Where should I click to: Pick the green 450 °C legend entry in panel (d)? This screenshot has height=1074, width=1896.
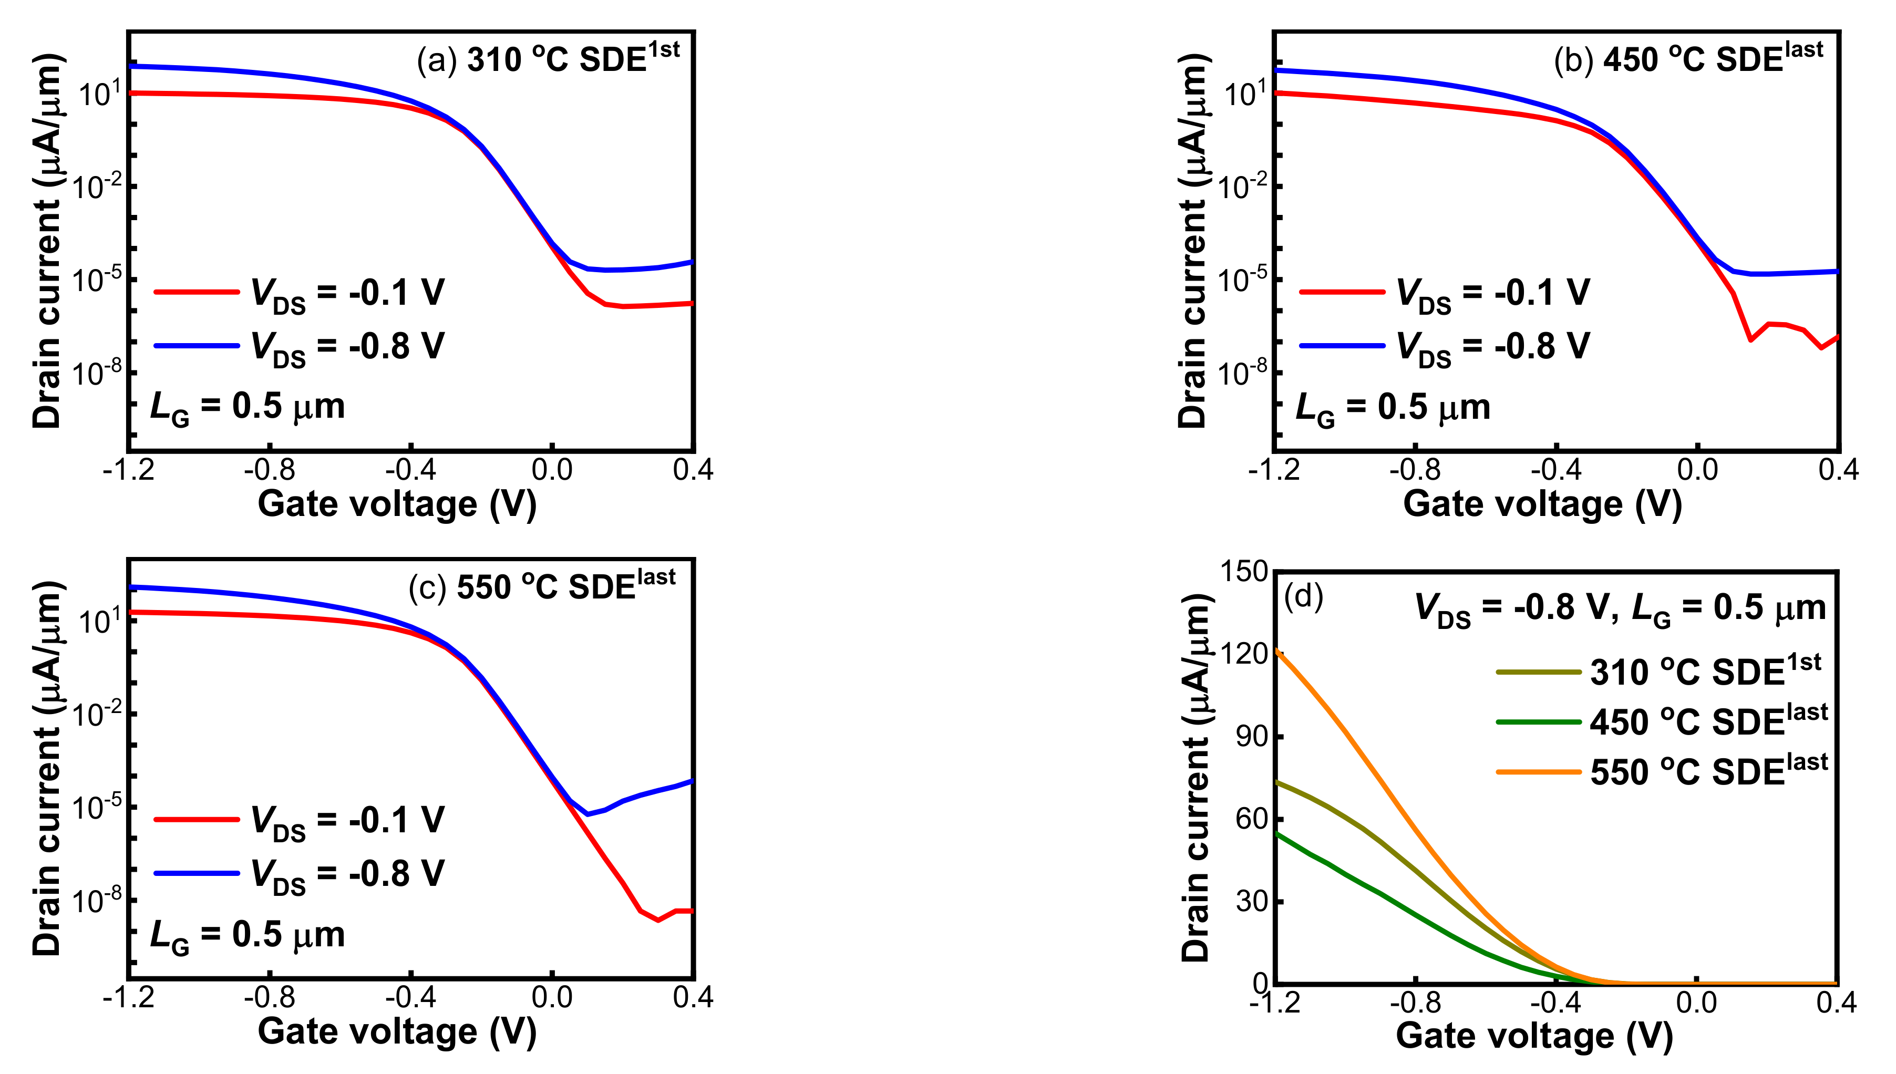coord(1660,722)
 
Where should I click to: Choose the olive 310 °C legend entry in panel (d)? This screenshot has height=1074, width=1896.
coord(1660,672)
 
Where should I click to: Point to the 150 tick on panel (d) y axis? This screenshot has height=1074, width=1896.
coord(1243,571)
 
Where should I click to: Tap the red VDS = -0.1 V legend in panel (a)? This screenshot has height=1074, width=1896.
coord(299,293)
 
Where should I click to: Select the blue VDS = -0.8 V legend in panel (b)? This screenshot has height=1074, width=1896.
coord(1445,346)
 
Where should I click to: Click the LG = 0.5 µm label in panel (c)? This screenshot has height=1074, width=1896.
coord(247,935)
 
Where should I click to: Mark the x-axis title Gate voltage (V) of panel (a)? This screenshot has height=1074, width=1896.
coord(397,504)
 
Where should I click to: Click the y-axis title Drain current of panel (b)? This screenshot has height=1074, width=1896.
coord(1191,241)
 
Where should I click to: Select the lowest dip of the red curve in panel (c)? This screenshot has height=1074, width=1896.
coord(658,920)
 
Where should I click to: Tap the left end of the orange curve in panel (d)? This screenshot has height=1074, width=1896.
coord(1277,650)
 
